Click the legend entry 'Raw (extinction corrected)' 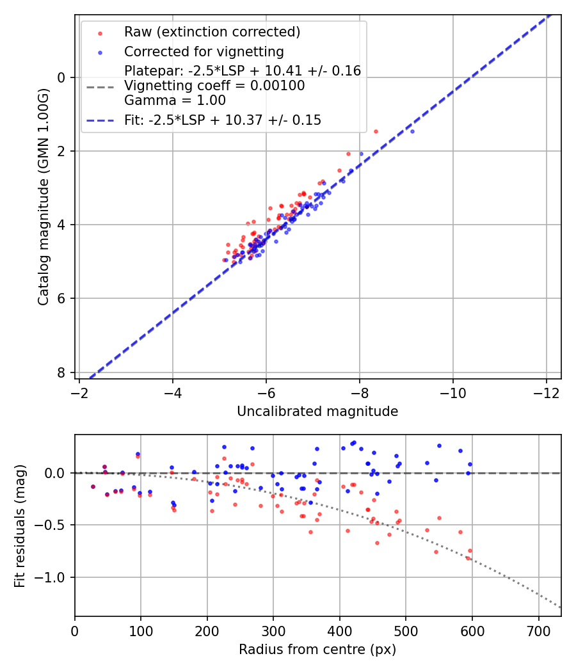[212, 32]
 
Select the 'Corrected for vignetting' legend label [204, 51]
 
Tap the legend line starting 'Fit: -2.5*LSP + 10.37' [223, 120]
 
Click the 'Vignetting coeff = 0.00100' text [214, 86]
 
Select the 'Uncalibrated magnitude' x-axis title [317, 412]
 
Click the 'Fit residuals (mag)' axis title [20, 525]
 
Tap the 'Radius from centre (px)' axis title [317, 650]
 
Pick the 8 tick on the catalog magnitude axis [62, 372]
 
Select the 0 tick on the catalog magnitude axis [62, 77]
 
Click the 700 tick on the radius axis [538, 630]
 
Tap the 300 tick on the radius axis [273, 630]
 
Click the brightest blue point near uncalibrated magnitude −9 [412, 131]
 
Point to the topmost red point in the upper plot [376, 131]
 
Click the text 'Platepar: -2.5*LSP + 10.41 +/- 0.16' [243, 71]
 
